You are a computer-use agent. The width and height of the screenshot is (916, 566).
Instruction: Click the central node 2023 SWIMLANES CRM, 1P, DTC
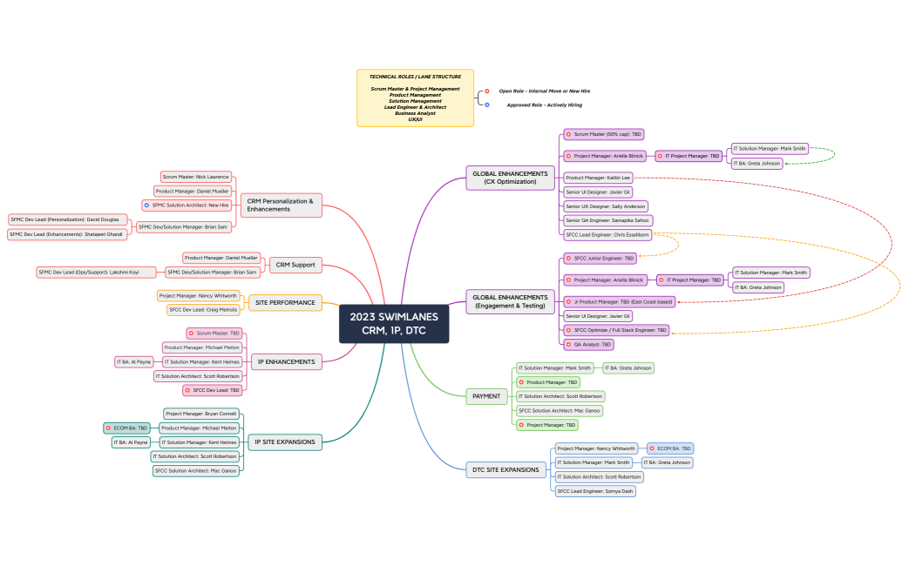[394, 323]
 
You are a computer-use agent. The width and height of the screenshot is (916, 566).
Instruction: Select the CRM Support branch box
[295, 265]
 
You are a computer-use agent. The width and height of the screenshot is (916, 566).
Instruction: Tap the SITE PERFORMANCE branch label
[285, 302]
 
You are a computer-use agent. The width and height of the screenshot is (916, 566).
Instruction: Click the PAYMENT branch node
[486, 396]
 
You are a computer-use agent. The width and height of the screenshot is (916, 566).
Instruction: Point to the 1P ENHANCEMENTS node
[286, 361]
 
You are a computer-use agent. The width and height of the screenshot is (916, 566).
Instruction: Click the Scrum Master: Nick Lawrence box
[196, 177]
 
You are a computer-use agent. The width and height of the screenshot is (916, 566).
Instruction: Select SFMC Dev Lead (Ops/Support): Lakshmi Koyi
[88, 272]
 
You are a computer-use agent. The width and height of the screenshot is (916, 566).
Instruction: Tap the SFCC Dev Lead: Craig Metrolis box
[203, 310]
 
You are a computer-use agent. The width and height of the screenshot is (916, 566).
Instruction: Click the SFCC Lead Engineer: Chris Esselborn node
[607, 235]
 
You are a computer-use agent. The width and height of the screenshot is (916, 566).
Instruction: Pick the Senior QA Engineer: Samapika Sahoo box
[607, 220]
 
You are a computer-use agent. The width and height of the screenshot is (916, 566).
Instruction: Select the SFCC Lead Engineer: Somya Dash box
[595, 491]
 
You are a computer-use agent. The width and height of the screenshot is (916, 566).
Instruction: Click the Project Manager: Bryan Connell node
[200, 414]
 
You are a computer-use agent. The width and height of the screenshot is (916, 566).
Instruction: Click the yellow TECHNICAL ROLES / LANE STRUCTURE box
[415, 98]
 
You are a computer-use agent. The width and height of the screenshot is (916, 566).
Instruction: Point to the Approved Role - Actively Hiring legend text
[544, 104]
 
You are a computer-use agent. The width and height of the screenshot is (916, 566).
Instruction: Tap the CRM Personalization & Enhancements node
[279, 205]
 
